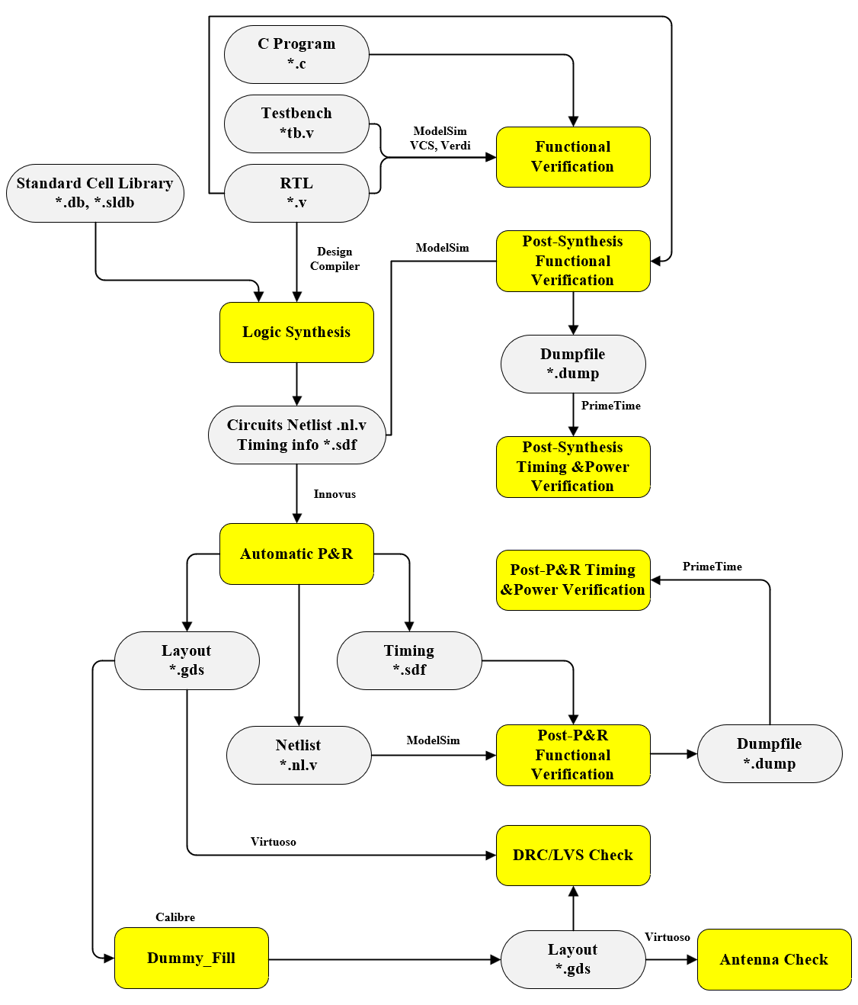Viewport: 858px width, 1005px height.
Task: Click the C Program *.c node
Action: click(296, 54)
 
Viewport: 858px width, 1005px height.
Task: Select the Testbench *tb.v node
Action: click(296, 124)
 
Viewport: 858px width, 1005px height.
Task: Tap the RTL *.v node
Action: click(296, 193)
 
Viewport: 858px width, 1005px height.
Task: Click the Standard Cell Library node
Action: click(95, 193)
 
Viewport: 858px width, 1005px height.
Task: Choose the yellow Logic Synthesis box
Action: click(296, 332)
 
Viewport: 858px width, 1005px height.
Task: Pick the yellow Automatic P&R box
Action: click(296, 554)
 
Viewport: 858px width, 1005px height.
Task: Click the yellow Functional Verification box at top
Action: click(573, 157)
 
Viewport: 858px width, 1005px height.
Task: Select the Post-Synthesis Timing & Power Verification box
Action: click(573, 467)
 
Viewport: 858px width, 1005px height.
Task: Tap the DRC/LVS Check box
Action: click(573, 856)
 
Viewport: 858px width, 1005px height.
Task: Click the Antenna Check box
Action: click(774, 959)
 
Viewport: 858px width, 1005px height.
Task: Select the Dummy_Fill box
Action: click(191, 958)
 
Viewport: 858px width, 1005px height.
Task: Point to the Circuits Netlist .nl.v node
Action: click(296, 435)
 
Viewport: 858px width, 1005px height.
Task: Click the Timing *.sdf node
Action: click(409, 660)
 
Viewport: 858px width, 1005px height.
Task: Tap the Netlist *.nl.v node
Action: click(299, 755)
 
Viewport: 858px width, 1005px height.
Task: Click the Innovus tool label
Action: click(335, 494)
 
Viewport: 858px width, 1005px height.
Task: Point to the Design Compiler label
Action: click(335, 258)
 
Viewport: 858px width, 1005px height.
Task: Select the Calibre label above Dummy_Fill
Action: click(175, 917)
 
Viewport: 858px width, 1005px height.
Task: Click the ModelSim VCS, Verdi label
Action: click(440, 139)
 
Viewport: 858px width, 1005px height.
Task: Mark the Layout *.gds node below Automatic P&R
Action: click(187, 660)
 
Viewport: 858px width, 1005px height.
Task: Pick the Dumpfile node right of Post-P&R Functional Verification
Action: click(770, 753)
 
